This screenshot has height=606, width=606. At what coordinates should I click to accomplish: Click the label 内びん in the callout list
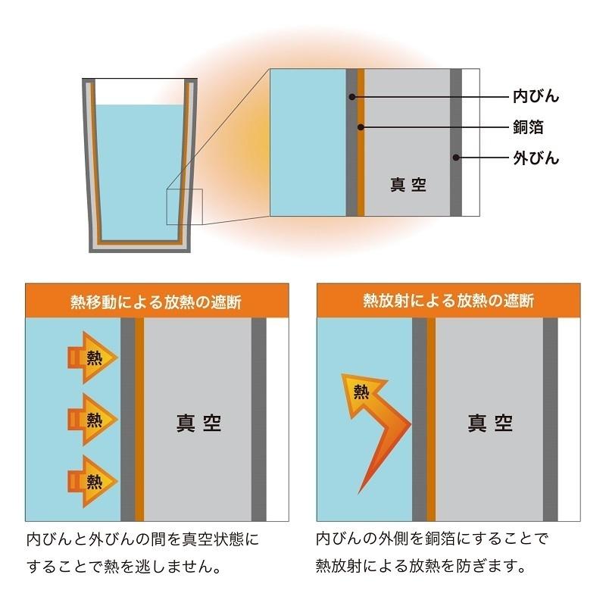click(536, 96)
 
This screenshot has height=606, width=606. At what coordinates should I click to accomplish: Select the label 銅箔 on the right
click(529, 127)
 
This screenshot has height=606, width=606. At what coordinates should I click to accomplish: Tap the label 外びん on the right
click(536, 158)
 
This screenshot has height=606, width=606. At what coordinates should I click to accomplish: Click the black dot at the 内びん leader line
click(351, 96)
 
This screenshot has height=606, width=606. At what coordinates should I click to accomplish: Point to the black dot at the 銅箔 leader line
click(361, 127)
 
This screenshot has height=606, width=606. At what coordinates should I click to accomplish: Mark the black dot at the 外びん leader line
click(455, 158)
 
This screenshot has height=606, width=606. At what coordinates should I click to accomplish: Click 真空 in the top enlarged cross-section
click(408, 184)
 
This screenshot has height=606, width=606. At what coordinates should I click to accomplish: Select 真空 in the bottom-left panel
click(198, 422)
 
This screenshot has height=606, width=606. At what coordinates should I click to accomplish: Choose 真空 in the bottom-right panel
click(490, 422)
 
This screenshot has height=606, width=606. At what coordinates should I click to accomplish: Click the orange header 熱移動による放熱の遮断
click(157, 301)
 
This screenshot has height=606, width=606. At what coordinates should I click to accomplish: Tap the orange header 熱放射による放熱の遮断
click(448, 301)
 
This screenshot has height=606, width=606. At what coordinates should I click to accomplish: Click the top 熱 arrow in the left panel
click(92, 357)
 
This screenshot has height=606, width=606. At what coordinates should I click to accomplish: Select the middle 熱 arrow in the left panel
click(92, 417)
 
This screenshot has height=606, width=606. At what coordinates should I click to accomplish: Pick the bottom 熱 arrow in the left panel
click(92, 479)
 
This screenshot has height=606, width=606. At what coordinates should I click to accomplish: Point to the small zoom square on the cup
click(185, 206)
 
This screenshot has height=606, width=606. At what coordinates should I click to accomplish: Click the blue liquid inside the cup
click(139, 167)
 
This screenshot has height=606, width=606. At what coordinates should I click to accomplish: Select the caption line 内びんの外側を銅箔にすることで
click(431, 540)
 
